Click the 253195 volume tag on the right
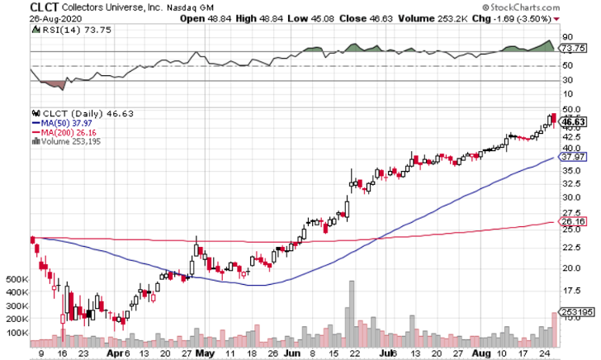click(575, 312)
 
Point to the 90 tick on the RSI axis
click(566, 37)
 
